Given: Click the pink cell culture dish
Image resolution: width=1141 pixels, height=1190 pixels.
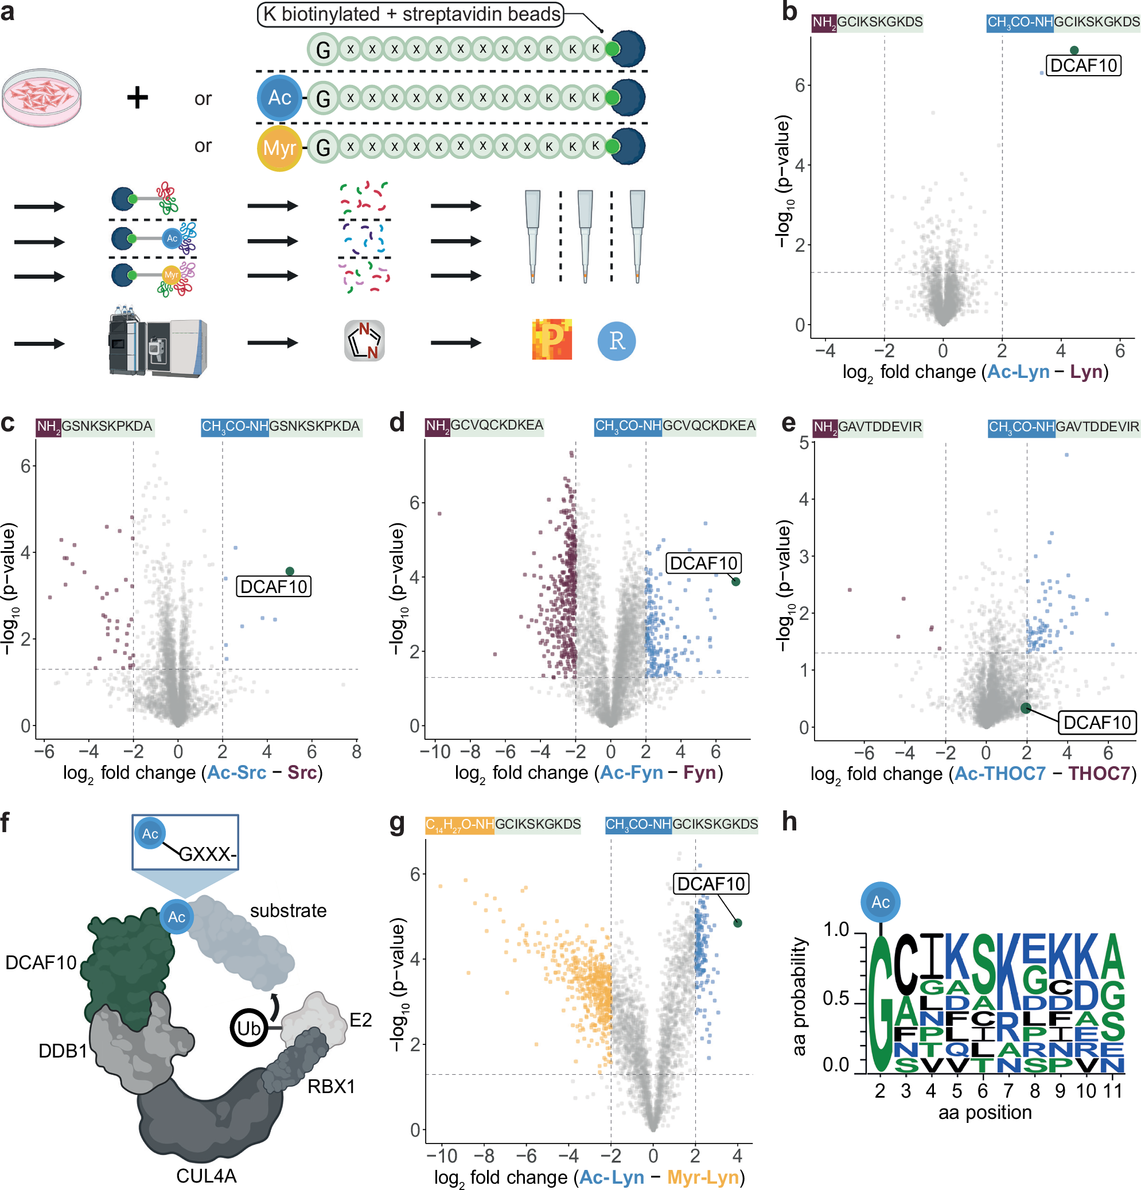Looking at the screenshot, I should click(x=41, y=97).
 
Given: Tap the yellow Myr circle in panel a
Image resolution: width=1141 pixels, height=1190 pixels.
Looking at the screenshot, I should click(x=279, y=147).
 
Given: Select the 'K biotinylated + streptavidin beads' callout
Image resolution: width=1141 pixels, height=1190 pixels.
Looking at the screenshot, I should click(x=410, y=14).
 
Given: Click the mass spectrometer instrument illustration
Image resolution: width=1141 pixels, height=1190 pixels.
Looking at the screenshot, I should click(x=157, y=342).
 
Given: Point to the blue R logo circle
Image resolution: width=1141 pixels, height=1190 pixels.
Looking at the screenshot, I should click(x=616, y=341).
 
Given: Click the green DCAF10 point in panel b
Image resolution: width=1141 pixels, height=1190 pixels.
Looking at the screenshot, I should click(x=1074, y=50).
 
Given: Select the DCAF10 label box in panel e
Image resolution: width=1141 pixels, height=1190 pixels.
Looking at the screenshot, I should click(x=1097, y=723).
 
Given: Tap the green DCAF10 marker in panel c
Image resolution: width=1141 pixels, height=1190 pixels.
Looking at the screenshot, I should click(x=290, y=571).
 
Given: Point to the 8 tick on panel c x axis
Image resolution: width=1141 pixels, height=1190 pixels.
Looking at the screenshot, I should click(x=356, y=752).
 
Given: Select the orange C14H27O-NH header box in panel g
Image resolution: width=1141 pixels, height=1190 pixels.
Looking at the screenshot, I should click(x=459, y=825).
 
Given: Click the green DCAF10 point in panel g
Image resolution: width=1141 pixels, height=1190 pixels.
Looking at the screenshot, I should click(x=737, y=923).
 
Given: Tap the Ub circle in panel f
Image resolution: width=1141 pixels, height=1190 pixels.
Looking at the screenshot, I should click(x=248, y=1028).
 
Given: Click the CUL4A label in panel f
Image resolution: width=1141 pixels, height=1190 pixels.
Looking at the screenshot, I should click(x=206, y=1176).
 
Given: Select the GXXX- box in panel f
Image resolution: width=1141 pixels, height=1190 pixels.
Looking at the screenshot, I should click(x=185, y=841).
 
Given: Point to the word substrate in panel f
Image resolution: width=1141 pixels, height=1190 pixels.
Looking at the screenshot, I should click(x=288, y=911).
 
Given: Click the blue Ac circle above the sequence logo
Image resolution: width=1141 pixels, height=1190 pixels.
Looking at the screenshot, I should click(x=880, y=902).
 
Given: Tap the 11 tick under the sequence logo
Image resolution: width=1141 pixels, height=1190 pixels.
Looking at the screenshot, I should click(x=1112, y=1091).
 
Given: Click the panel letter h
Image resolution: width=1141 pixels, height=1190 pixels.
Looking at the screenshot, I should click(x=789, y=822).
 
